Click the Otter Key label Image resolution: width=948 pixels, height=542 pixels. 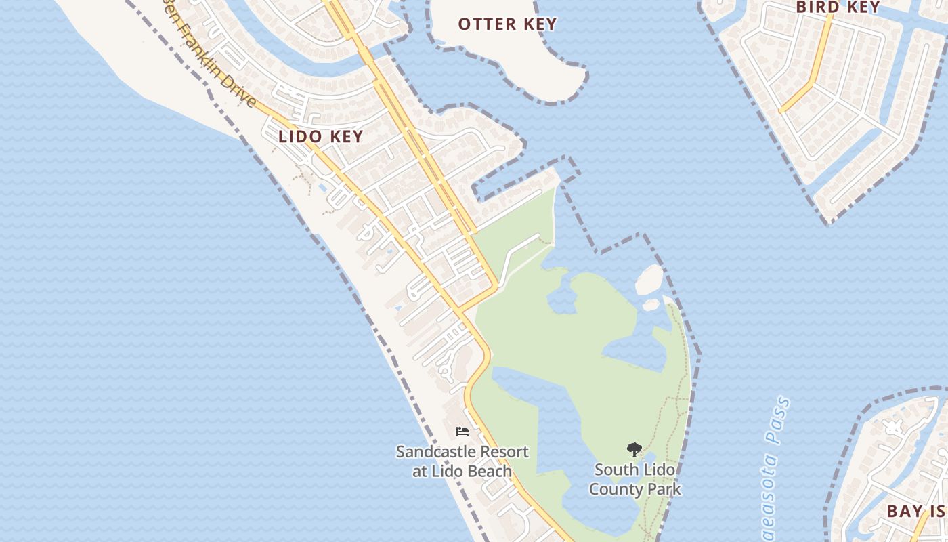pyautogui.click(x=507, y=24)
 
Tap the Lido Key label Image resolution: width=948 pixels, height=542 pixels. pyautogui.click(x=321, y=136)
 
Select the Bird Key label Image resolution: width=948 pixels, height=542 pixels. pyautogui.click(x=838, y=7)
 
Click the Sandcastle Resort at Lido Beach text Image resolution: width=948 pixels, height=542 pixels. pyautogui.click(x=462, y=461)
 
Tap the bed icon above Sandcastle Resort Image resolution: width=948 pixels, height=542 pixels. pyautogui.click(x=462, y=431)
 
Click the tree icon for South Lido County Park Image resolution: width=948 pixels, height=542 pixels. pyautogui.click(x=634, y=449)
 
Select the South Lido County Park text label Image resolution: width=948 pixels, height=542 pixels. pyautogui.click(x=634, y=478)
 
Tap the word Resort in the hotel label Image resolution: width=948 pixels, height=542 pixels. pyautogui.click(x=502, y=452)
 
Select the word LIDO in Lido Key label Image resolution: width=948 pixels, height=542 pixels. pyautogui.click(x=299, y=136)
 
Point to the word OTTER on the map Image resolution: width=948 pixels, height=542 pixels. pyautogui.click(x=483, y=24)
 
